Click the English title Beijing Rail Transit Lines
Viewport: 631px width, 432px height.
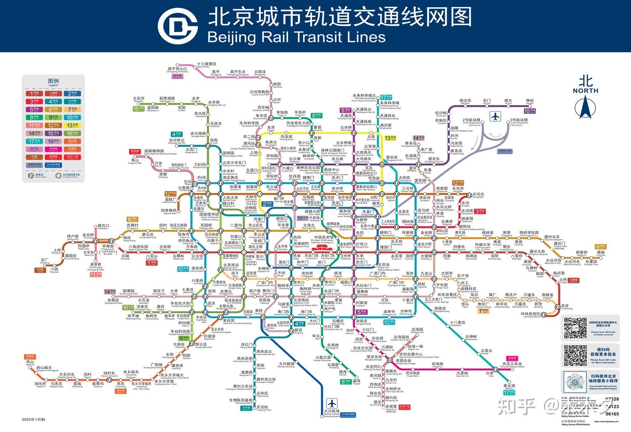[296, 37]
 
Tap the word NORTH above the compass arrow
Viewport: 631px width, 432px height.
[585, 91]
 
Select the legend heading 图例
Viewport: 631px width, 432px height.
[53, 81]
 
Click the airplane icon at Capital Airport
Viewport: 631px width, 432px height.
[496, 117]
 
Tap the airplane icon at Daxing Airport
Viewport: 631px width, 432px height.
[332, 403]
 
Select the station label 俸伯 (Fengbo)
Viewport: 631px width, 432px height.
[530, 101]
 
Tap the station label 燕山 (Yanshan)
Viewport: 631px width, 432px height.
[30, 362]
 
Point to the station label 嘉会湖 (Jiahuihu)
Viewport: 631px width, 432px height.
[509, 386]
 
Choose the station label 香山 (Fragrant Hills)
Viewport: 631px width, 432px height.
[135, 161]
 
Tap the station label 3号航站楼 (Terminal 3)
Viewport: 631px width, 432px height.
[519, 120]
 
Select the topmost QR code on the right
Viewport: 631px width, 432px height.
[575, 328]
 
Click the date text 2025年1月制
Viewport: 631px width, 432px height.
[33, 419]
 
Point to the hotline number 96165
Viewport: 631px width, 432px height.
[612, 414]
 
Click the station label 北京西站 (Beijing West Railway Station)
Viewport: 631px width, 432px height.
[231, 265]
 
